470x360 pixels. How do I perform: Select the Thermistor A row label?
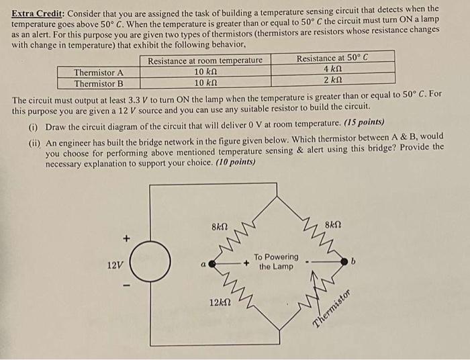(x=99, y=73)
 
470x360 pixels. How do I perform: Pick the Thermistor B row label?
(x=99, y=84)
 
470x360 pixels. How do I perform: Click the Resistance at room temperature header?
(x=205, y=61)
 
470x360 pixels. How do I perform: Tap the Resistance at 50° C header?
(x=332, y=58)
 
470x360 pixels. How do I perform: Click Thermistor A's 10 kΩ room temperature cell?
(x=205, y=73)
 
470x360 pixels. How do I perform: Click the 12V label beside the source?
(x=115, y=266)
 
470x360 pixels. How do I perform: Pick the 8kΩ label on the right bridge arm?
(x=334, y=226)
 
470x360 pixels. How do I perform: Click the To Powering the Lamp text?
(x=276, y=262)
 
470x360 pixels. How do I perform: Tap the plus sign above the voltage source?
(x=124, y=238)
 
